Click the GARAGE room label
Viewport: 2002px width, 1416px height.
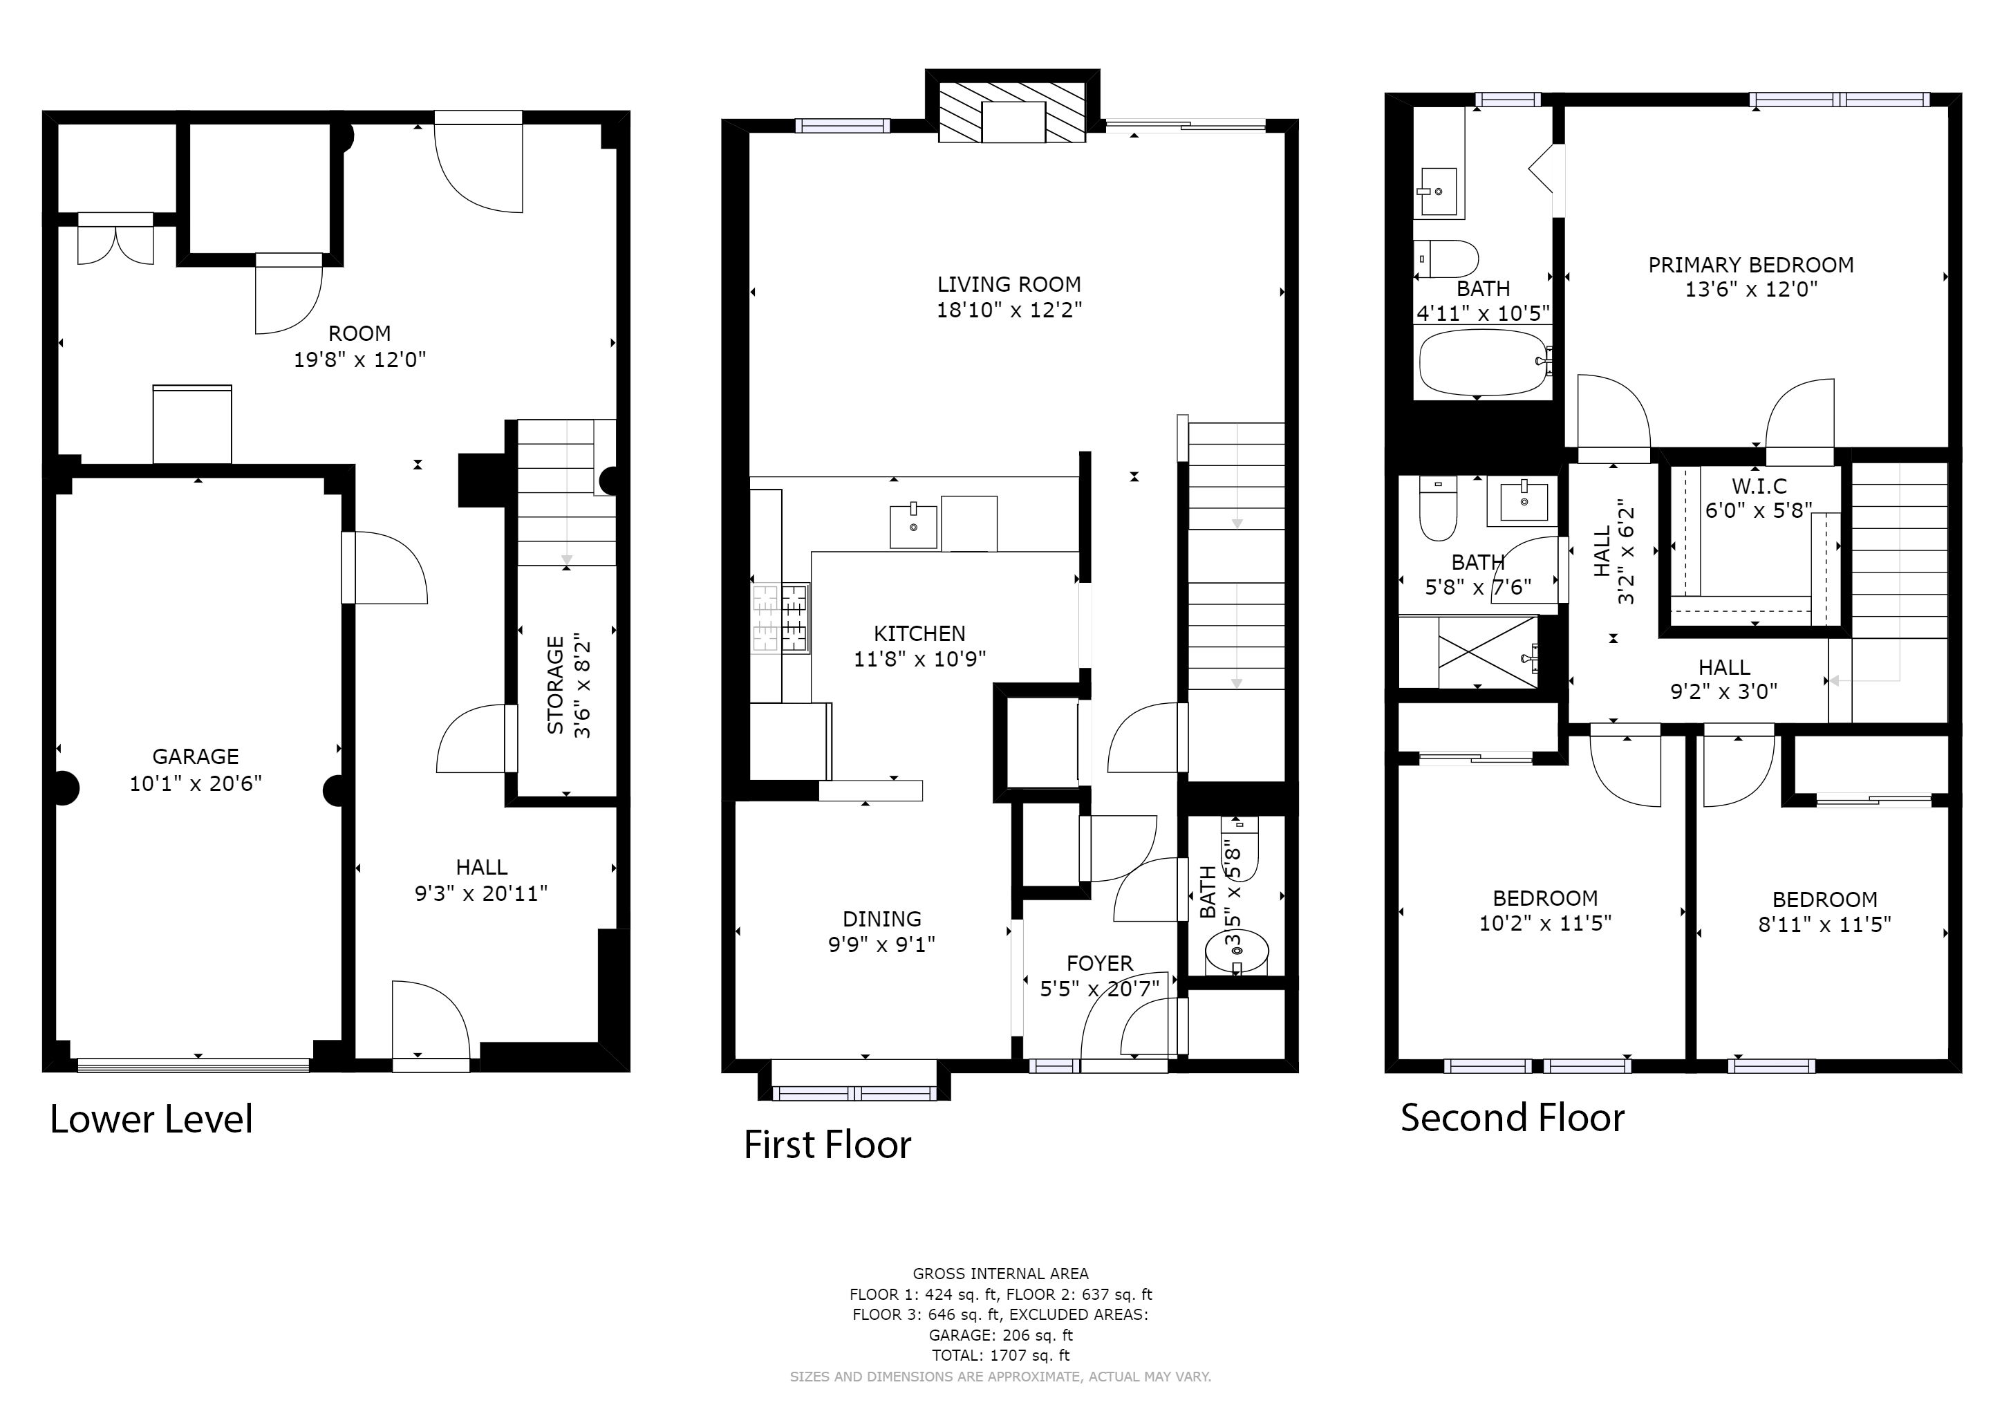click(x=196, y=757)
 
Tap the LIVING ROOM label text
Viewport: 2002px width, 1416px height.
click(x=1009, y=284)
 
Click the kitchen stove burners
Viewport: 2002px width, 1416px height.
click(x=780, y=619)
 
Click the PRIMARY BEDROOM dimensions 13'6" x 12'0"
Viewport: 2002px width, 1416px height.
click(x=1751, y=290)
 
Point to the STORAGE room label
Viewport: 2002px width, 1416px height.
click(x=555, y=685)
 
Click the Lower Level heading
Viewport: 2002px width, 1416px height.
click(x=151, y=1119)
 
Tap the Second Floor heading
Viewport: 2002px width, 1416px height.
click(x=1513, y=1118)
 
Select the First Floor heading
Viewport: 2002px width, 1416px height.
click(x=827, y=1145)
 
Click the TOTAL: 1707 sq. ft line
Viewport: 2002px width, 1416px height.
click(x=1000, y=1355)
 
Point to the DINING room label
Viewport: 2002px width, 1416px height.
click(x=881, y=918)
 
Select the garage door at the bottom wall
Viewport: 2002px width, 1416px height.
click(x=194, y=1065)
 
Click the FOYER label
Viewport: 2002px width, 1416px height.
click(x=1100, y=963)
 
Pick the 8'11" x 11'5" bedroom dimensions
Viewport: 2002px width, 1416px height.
click(x=1824, y=924)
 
